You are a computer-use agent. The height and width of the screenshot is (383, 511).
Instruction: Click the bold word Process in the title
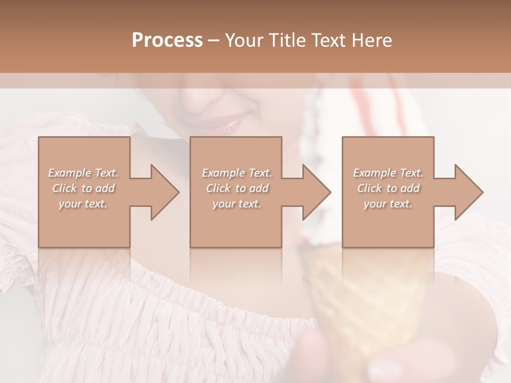pos(167,40)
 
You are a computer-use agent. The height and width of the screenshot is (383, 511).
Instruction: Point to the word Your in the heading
pos(244,40)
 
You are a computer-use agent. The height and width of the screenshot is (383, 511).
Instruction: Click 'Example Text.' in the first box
pos(84,173)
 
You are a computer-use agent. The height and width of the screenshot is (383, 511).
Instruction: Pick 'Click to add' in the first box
pos(84,188)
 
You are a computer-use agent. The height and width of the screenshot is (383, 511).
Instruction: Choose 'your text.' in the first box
pos(84,204)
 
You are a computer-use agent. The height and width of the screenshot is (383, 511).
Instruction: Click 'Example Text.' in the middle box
pos(236,173)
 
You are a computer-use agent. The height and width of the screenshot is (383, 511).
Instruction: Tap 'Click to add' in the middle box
pos(236,188)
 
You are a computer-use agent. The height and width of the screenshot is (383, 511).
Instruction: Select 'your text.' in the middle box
pos(236,204)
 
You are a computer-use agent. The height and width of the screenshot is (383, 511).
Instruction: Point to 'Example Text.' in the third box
pos(388,173)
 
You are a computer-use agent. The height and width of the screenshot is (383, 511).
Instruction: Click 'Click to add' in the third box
pos(388,188)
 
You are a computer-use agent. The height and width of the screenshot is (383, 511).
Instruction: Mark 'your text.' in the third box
pos(388,204)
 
